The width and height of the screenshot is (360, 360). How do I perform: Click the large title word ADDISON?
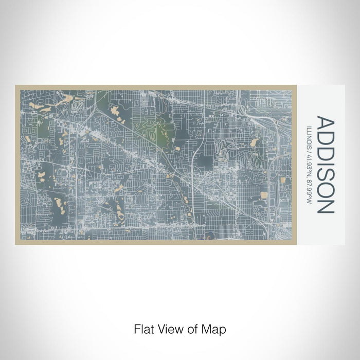pyautogui.click(x=326, y=165)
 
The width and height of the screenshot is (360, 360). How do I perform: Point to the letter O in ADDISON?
pyautogui.click(x=326, y=189)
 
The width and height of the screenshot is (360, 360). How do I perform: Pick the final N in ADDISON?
pyautogui.click(x=326, y=205)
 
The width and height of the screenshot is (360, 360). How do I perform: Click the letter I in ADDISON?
pyautogui.click(x=326, y=163)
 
